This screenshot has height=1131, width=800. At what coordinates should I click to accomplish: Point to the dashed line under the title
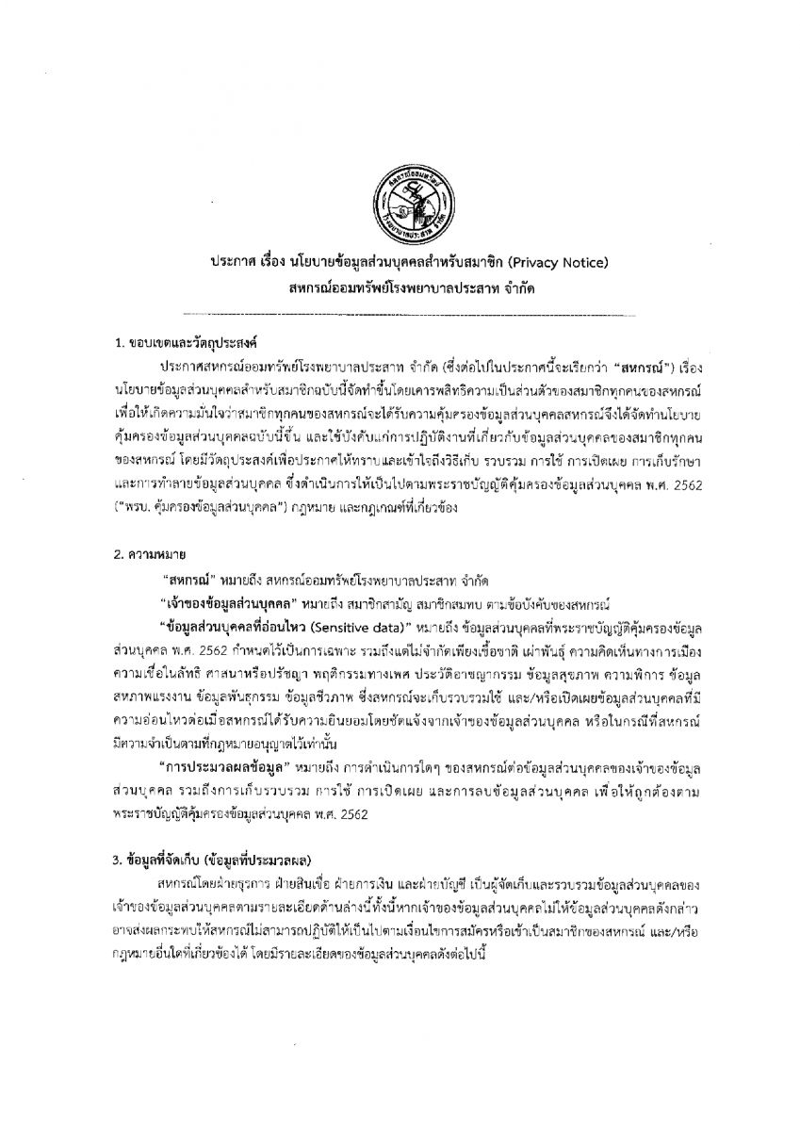pos(400,311)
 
